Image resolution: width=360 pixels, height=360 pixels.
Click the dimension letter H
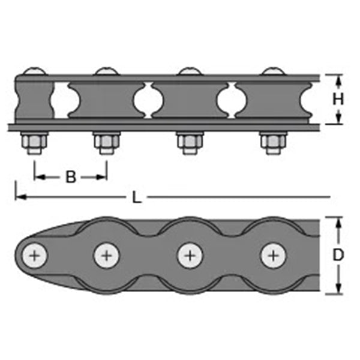coord(338,100)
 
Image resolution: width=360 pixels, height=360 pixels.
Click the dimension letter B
coord(71,177)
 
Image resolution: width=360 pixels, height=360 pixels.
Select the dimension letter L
coord(137,197)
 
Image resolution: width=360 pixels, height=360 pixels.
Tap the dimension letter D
coord(338,255)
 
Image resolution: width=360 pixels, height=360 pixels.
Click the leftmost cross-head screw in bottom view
coord(35,256)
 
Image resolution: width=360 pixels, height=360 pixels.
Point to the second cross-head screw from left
coord(107,256)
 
